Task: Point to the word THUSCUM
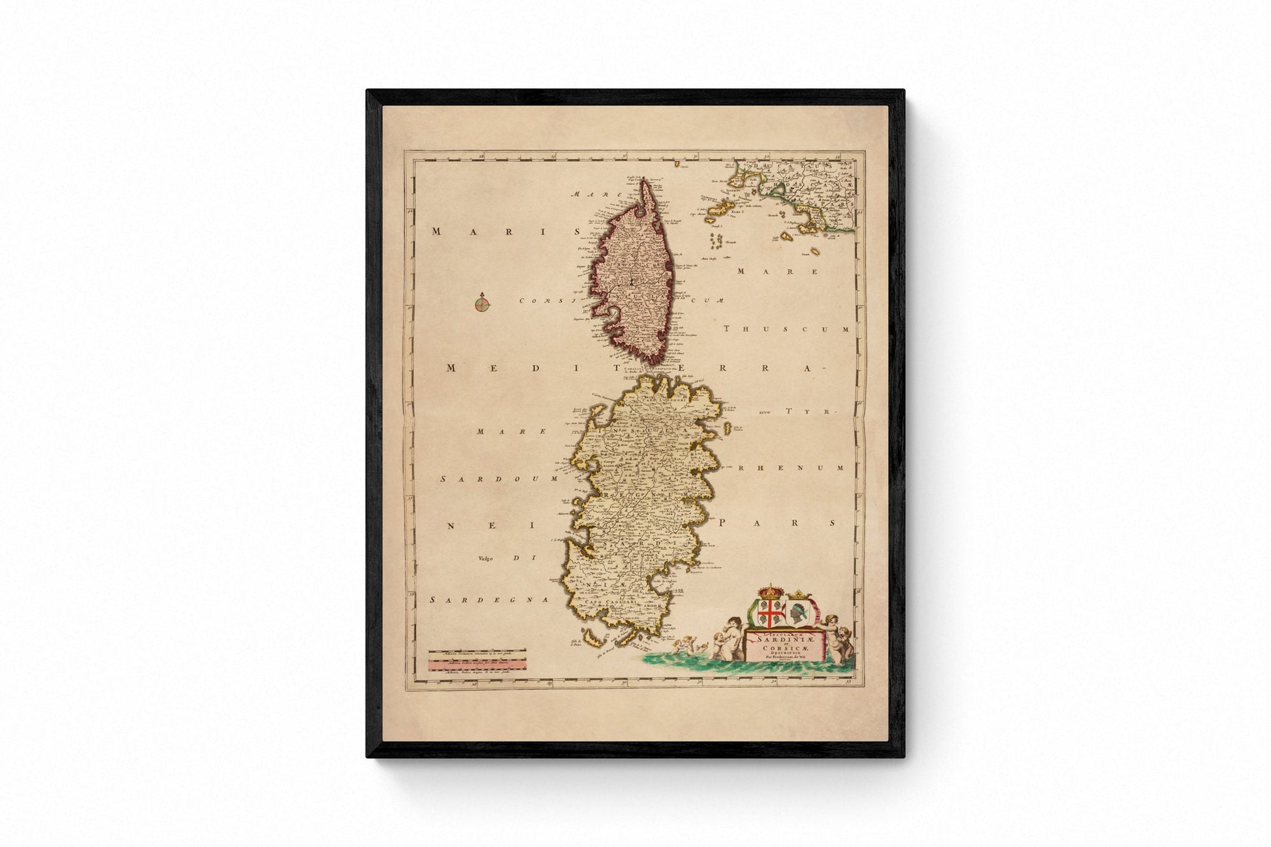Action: pyautogui.click(x=786, y=329)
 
